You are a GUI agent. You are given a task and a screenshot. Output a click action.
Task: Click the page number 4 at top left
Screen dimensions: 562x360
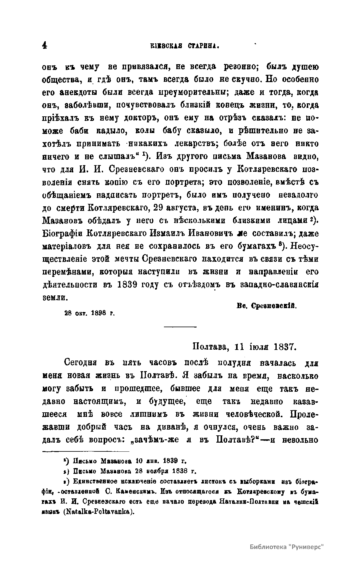[x=45, y=46]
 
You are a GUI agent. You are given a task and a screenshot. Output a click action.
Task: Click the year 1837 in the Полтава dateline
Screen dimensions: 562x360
[x=284, y=346]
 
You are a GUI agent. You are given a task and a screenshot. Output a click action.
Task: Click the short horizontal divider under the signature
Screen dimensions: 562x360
[x=180, y=327]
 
